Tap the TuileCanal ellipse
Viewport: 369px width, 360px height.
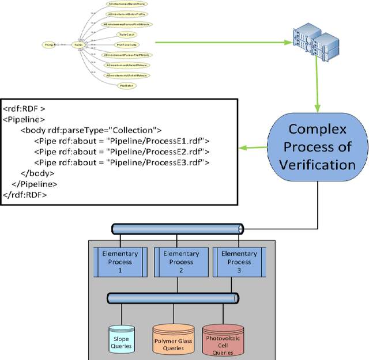126,35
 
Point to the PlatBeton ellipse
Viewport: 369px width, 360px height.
123,85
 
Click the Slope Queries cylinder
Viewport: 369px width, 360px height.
122,339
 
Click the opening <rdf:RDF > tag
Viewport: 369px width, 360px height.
24,108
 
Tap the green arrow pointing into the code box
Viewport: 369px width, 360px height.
254,149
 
